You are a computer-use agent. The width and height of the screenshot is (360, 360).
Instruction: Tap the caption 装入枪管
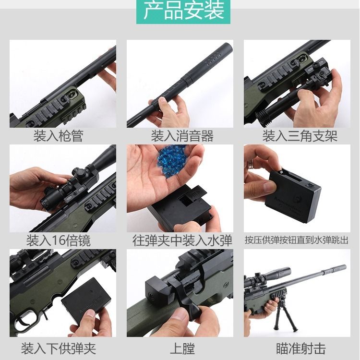[x=58, y=136]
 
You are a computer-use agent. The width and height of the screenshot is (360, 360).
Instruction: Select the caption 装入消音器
[x=182, y=136]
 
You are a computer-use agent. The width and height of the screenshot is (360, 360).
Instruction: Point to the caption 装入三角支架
[x=300, y=136]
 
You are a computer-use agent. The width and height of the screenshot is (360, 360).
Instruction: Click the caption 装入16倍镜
[x=59, y=240]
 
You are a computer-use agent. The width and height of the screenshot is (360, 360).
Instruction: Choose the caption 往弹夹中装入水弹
[x=182, y=240]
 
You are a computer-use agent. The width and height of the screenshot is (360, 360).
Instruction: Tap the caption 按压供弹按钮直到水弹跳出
[x=297, y=240]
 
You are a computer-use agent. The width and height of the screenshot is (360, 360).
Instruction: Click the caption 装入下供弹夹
[x=59, y=348]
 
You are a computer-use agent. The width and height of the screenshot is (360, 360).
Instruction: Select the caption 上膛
[x=182, y=348]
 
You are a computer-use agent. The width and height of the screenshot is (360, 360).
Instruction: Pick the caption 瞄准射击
[x=301, y=348]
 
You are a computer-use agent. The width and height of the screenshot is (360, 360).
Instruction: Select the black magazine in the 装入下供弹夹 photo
[x=86, y=300]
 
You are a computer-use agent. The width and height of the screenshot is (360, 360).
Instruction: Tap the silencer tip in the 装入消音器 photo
[x=228, y=48]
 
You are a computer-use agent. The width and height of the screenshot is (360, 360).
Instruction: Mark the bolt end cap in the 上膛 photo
[x=156, y=290]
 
